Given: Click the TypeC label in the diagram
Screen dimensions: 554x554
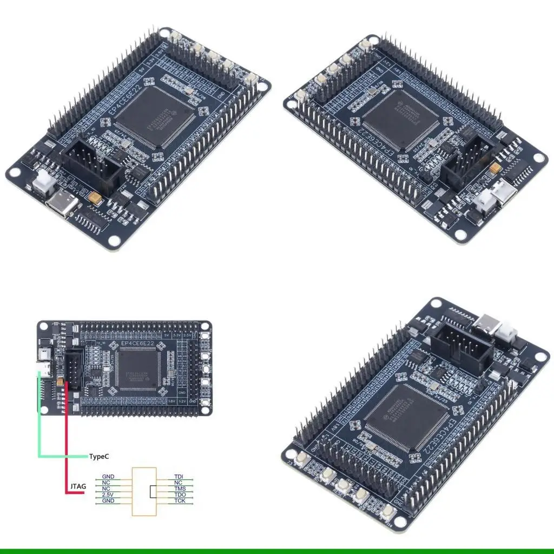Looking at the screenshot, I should point(99,456).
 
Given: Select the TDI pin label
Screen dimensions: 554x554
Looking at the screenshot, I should point(178,477).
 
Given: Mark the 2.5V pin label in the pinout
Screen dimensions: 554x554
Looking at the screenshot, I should point(108,495).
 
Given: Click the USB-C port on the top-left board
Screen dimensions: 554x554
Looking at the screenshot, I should point(61,205).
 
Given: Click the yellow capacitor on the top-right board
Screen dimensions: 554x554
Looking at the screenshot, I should point(494,169).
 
